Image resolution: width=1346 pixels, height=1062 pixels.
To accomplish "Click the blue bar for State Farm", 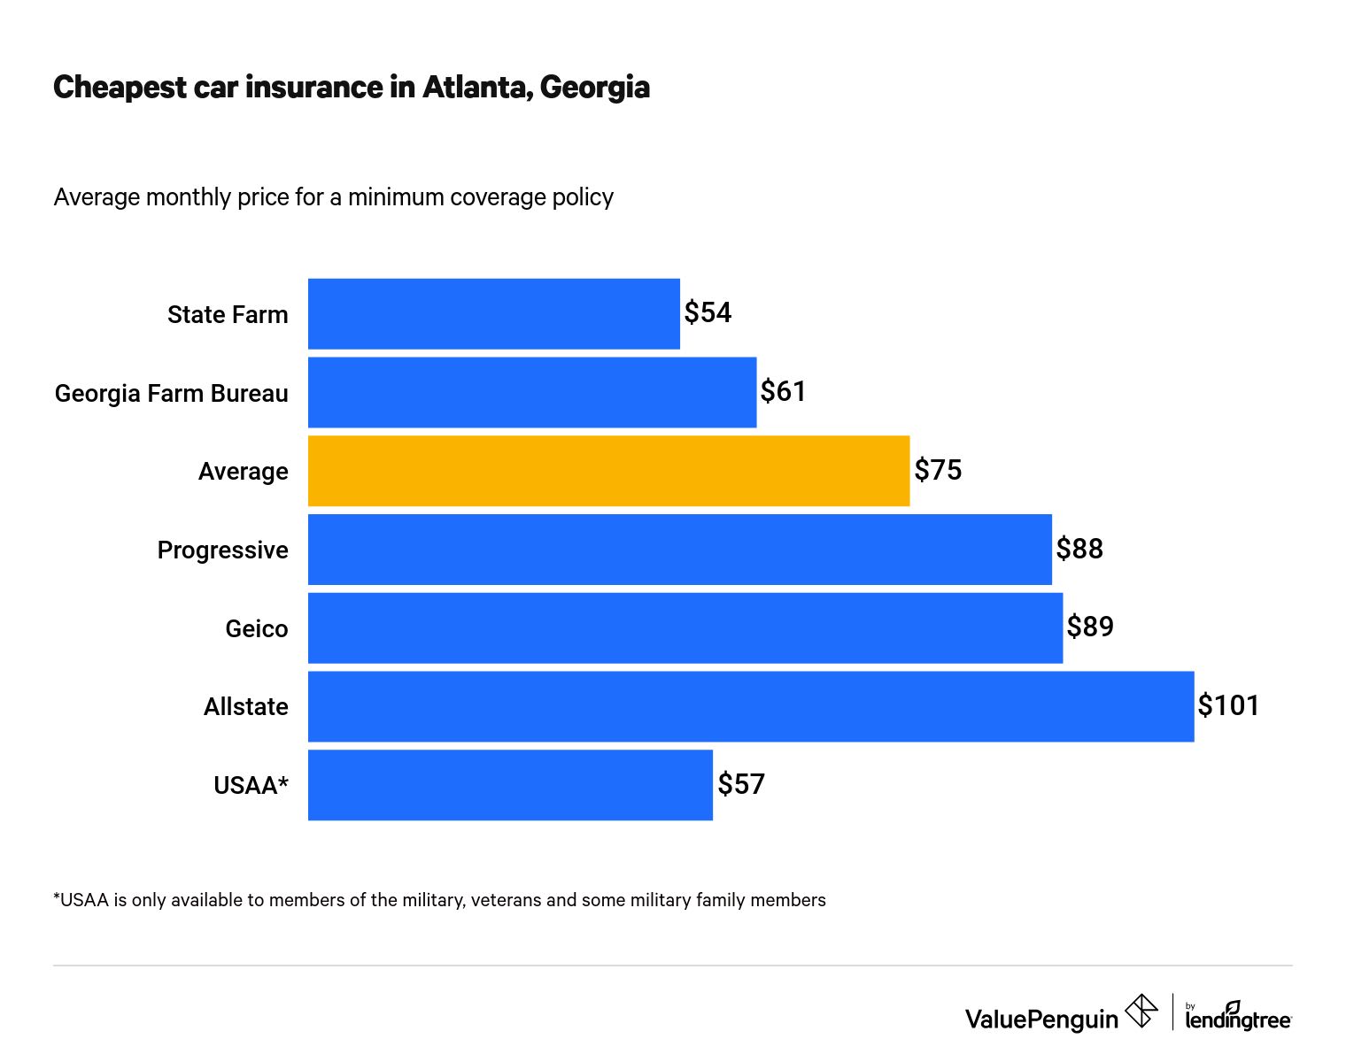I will pyautogui.click(x=493, y=314).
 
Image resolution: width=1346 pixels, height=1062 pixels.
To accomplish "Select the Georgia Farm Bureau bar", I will pyautogui.click(x=531, y=392).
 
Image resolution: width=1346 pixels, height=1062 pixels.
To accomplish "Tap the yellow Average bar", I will pyautogui.click(x=608, y=471).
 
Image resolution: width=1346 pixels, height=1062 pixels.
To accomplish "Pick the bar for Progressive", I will pyautogui.click(x=679, y=550).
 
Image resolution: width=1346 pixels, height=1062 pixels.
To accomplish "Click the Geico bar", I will pyautogui.click(x=685, y=627).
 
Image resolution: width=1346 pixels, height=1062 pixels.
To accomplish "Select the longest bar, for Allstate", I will pyautogui.click(x=750, y=706).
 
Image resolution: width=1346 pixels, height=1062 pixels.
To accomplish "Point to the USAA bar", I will pyautogui.click(x=510, y=785).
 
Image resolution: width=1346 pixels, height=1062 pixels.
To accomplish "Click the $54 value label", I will pyautogui.click(x=708, y=312).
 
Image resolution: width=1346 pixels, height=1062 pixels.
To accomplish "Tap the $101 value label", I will pyautogui.click(x=1227, y=705).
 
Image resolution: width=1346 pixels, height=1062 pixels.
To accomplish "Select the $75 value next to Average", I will pyautogui.click(x=937, y=470).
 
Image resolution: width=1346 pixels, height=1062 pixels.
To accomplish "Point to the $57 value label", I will pyautogui.click(x=740, y=784).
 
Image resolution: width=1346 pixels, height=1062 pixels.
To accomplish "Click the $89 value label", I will pyautogui.click(x=1089, y=627).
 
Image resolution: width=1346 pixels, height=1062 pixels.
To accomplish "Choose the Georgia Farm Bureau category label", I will pyautogui.click(x=171, y=393).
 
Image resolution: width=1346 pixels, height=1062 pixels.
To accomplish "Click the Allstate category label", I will pyautogui.click(x=245, y=706).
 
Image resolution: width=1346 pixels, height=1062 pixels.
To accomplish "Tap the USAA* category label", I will pyautogui.click(x=251, y=785).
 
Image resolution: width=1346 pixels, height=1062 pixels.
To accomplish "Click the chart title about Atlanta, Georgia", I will pyautogui.click(x=351, y=87).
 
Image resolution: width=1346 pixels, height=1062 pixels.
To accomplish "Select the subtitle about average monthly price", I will pyautogui.click(x=333, y=196).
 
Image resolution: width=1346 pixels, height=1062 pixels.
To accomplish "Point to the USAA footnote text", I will pyautogui.click(x=439, y=900).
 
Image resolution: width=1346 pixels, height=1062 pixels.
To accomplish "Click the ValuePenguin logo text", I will pyautogui.click(x=1041, y=1019).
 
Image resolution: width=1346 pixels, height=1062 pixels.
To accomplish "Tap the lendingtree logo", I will pyautogui.click(x=1237, y=1017).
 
